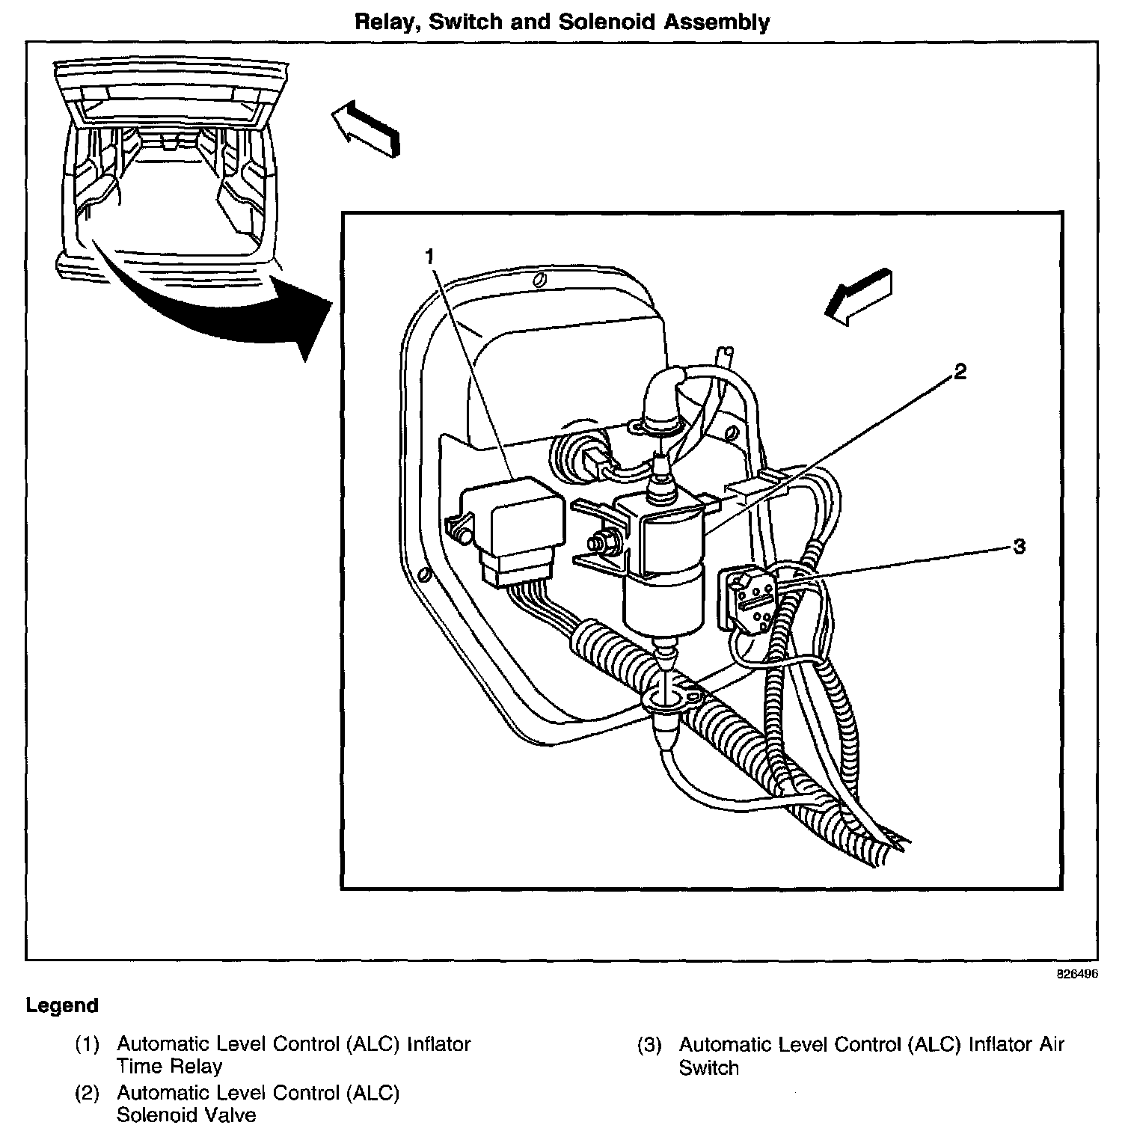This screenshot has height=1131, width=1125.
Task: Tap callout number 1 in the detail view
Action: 429,257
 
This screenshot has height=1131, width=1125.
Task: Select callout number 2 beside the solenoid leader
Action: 960,373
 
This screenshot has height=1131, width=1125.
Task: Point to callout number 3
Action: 1019,547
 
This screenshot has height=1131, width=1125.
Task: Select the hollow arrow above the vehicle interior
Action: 366,129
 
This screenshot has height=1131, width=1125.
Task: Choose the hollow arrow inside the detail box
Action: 859,296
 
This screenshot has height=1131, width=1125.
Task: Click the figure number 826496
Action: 1077,975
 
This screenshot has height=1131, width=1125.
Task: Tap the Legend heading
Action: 62,1005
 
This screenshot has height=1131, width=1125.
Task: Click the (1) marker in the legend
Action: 87,1044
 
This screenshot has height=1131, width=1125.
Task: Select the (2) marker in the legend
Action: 87,1094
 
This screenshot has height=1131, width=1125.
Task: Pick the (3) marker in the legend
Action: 649,1045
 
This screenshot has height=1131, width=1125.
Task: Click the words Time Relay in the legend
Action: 169,1067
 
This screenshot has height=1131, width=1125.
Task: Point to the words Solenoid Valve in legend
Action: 186,1115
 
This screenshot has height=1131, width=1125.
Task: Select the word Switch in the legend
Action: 708,1068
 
